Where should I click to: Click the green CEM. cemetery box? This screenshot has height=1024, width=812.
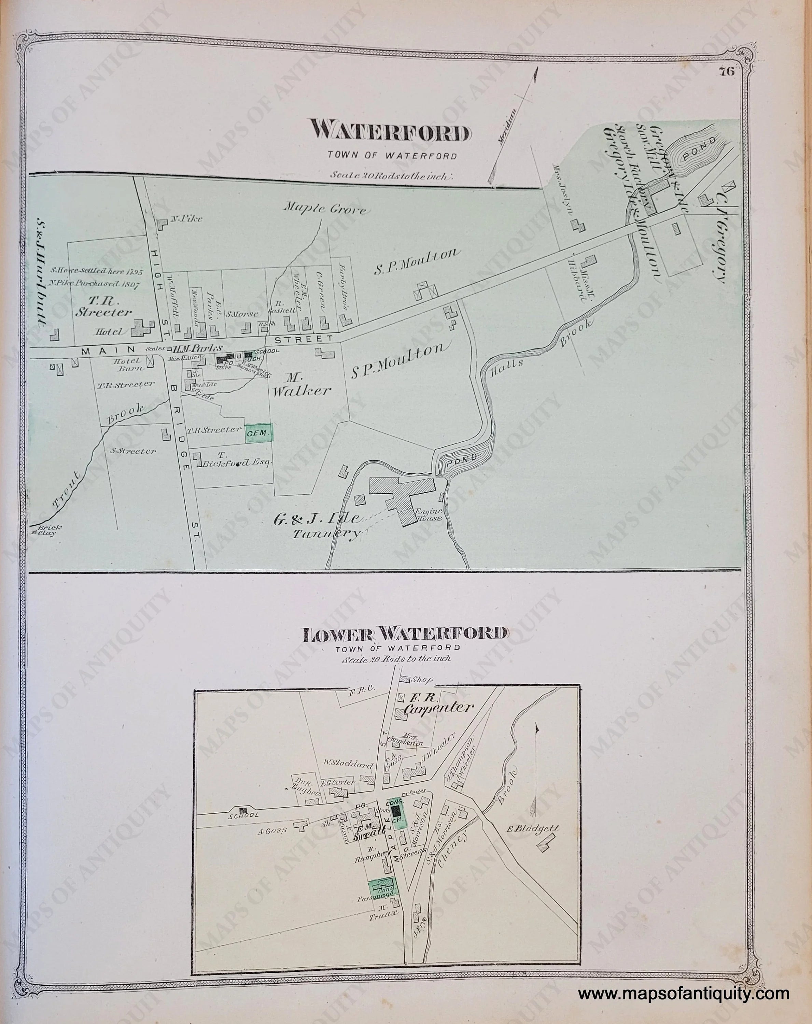pyautogui.click(x=259, y=433)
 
